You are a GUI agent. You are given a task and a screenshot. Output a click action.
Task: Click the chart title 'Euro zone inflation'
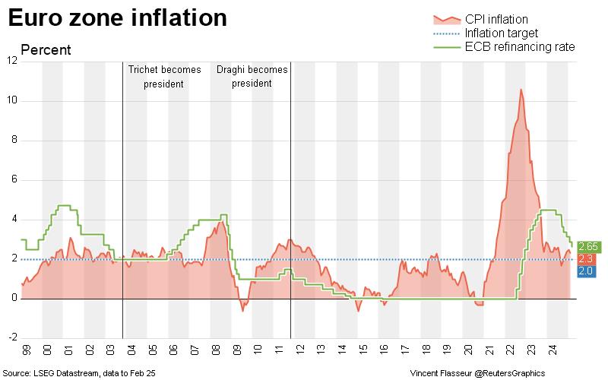click(x=118, y=18)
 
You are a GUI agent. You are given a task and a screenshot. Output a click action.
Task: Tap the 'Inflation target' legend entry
click(x=501, y=33)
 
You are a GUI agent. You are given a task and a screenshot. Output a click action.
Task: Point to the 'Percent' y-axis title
click(x=46, y=50)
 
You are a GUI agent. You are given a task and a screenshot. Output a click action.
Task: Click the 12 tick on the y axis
click(x=11, y=61)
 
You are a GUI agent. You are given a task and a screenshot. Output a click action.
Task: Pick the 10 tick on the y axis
click(x=11, y=100)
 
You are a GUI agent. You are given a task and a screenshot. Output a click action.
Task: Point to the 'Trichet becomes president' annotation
click(x=164, y=76)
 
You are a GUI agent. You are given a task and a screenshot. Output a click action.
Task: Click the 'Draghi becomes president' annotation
click(x=252, y=76)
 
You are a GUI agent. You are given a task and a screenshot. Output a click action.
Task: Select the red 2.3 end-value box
click(x=586, y=259)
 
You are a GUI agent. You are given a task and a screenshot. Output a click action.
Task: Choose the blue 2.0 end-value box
click(x=586, y=271)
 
